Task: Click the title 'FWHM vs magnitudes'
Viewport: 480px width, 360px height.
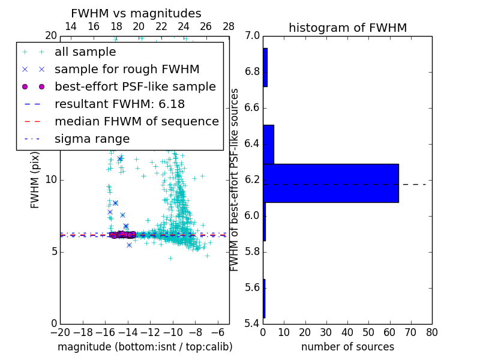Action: pyautogui.click(x=136, y=13)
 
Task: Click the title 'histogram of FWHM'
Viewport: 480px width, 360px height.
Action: pyautogui.click(x=347, y=28)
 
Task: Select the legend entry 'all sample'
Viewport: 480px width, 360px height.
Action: pyautogui.click(x=85, y=52)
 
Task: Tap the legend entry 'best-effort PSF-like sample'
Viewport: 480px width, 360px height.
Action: pyautogui.click(x=135, y=87)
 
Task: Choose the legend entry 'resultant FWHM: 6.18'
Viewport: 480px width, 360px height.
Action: pyautogui.click(x=119, y=104)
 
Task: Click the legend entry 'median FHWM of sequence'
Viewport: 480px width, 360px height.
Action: pyautogui.click(x=136, y=122)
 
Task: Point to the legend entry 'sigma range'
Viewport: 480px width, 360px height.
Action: pyautogui.click(x=92, y=139)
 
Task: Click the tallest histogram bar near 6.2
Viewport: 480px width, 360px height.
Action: pyautogui.click(x=331, y=183)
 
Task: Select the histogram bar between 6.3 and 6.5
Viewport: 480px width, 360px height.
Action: pyautogui.click(x=268, y=144)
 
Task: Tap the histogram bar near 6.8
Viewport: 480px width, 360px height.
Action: pyautogui.click(x=265, y=67)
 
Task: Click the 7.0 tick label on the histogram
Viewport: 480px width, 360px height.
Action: pyautogui.click(x=253, y=36)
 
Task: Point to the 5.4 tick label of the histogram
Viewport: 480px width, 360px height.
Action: pyautogui.click(x=253, y=323)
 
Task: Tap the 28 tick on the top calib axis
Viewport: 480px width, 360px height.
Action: pyautogui.click(x=229, y=26)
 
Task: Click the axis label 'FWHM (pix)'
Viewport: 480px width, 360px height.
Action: pyautogui.click(x=35, y=180)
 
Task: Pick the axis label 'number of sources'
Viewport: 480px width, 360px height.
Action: pyautogui.click(x=347, y=347)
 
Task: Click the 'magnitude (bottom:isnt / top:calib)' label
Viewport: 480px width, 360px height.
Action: pyautogui.click(x=145, y=347)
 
